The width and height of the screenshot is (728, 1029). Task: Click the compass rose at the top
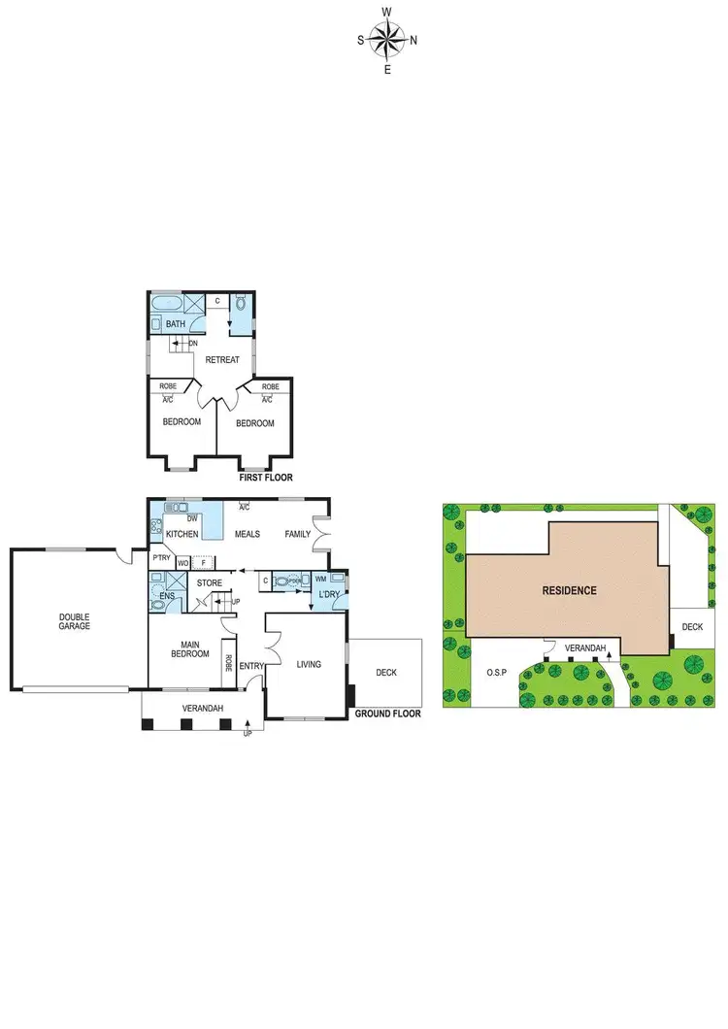387,40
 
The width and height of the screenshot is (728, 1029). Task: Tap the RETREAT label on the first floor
222,360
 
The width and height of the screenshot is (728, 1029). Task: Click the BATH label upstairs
175,324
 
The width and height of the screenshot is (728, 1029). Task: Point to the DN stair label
193,343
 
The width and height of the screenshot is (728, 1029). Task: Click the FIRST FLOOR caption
266,478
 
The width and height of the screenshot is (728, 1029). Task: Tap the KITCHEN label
182,535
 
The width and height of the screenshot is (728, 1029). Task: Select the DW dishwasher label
192,519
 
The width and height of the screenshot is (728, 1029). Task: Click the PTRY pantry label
162,558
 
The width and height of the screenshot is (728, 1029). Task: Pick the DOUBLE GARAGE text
74,621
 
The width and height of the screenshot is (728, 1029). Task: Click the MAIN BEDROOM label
190,647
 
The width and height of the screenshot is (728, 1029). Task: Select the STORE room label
210,583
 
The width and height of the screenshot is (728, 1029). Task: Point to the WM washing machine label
321,580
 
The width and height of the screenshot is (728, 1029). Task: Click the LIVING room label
308,664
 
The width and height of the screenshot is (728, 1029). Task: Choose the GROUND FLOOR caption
388,714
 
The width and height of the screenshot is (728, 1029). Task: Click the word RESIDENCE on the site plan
570,590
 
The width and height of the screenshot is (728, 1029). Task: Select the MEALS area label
247,535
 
